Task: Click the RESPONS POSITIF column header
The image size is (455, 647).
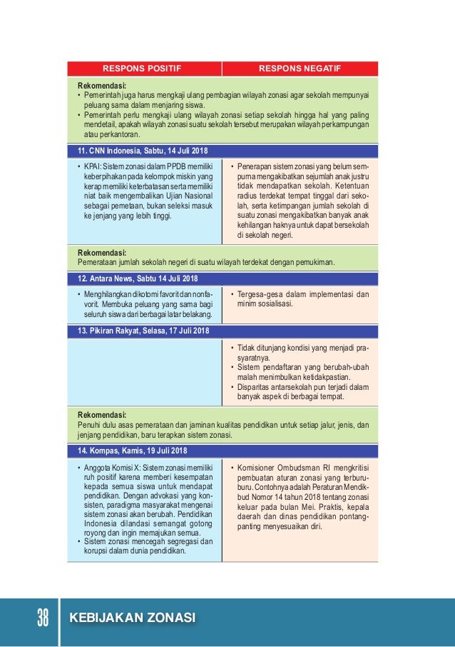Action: (143, 69)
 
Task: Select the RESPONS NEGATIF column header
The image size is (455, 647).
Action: (299, 69)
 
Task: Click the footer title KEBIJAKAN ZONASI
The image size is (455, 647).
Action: (132, 618)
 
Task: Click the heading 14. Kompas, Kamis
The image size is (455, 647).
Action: (132, 451)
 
